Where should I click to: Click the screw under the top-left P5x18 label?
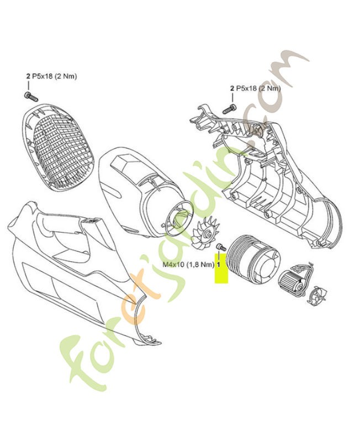click(x=30, y=96)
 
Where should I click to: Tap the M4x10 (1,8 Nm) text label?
click(x=188, y=265)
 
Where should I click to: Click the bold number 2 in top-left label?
click(x=27, y=76)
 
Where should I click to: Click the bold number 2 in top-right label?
click(x=232, y=88)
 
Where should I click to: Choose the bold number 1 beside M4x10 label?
click(x=219, y=265)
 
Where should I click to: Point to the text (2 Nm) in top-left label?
click(x=64, y=76)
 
